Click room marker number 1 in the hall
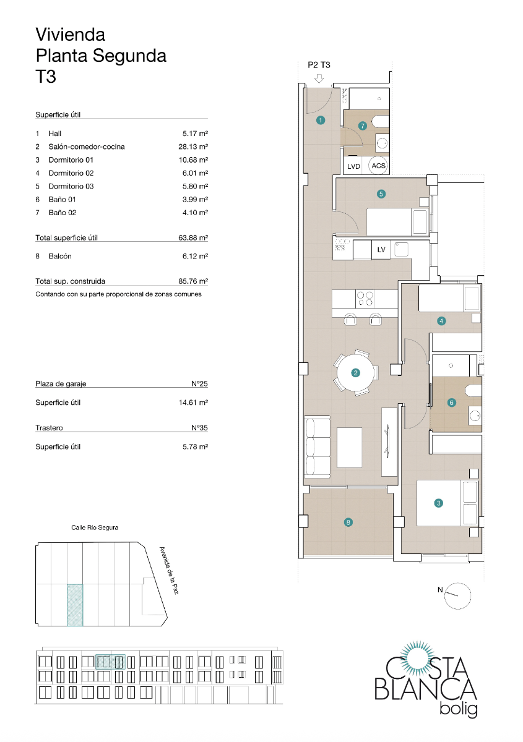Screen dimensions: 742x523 [x=320, y=121]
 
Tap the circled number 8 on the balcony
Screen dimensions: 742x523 [x=348, y=522]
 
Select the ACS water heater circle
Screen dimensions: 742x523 [x=378, y=166]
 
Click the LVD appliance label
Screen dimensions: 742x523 [x=354, y=166]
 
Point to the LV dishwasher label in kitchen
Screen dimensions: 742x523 [x=381, y=250]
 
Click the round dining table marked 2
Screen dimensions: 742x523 [x=355, y=372]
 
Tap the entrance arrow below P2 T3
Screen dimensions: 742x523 [x=319, y=79]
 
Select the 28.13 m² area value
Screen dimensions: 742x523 [x=192, y=147]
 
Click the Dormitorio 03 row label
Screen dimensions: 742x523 [x=71, y=186]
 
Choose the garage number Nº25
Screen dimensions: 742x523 [x=199, y=384]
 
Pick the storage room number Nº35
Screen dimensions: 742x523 [x=199, y=428]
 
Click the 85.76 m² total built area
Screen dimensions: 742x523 [x=192, y=281]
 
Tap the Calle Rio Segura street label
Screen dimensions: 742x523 [x=95, y=527]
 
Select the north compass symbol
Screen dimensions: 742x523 [x=457, y=595]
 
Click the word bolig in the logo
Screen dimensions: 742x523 [x=457, y=709]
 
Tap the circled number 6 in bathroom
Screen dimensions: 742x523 [x=451, y=403]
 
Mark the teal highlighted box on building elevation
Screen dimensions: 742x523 [x=111, y=662]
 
